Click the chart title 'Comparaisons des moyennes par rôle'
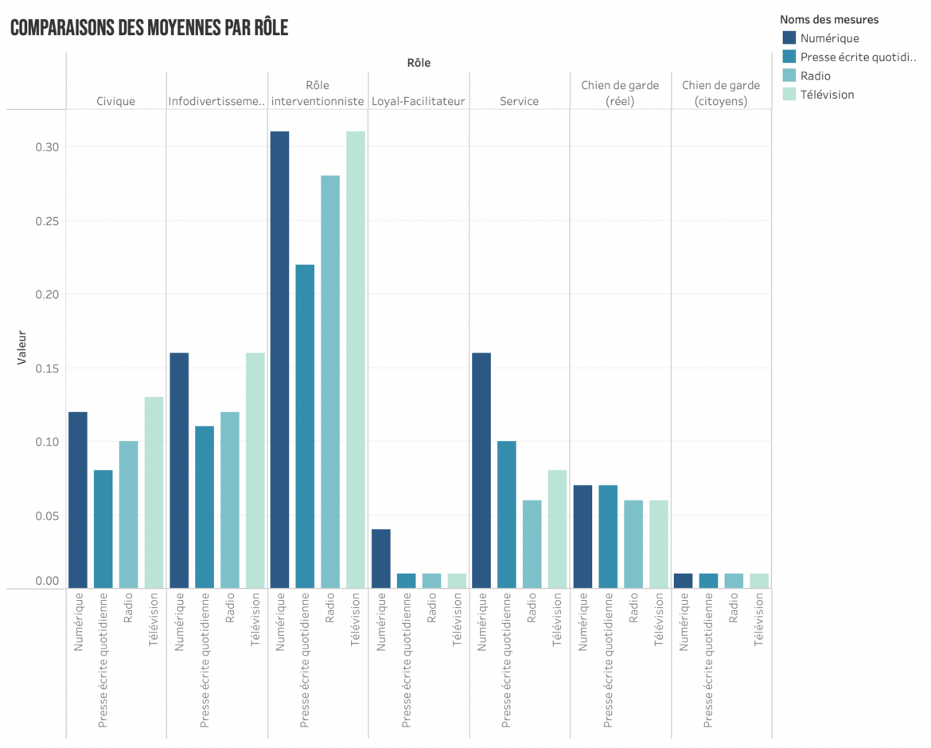pyautogui.click(x=149, y=29)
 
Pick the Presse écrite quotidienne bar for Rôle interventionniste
pyautogui.click(x=305, y=427)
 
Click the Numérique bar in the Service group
pyautogui.click(x=481, y=470)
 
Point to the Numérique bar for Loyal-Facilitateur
pyautogui.click(x=380, y=559)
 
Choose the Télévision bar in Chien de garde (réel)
pyautogui.click(x=658, y=544)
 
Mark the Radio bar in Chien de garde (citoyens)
pyautogui.click(x=734, y=581)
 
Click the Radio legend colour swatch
pyautogui.click(x=789, y=76)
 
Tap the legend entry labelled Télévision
pyautogui.click(x=827, y=95)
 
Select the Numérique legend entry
pyautogui.click(x=829, y=38)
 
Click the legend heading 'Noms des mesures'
pyautogui.click(x=828, y=19)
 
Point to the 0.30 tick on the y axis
pyautogui.click(x=47, y=147)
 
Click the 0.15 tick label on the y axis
pyautogui.click(x=47, y=368)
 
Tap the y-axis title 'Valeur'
pyautogui.click(x=21, y=349)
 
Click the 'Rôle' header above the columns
pyautogui.click(x=419, y=63)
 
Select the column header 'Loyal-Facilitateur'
pyautogui.click(x=419, y=101)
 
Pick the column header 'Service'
pyautogui.click(x=519, y=101)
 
